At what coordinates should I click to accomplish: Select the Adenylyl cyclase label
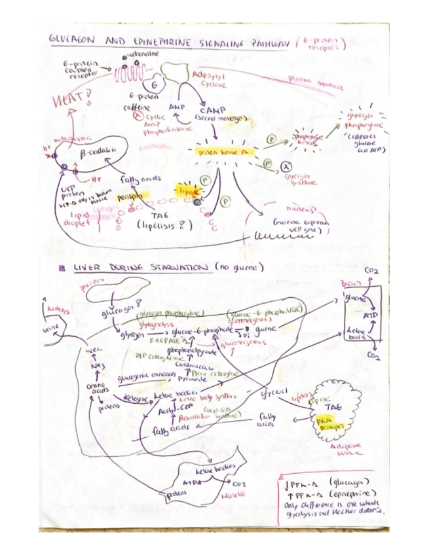click(x=210, y=81)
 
